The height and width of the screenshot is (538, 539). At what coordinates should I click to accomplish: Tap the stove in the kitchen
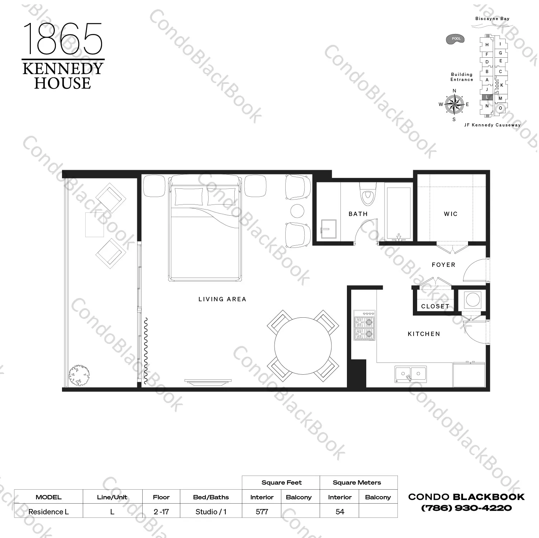click(x=364, y=325)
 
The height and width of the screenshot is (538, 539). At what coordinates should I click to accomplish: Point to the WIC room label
click(x=450, y=214)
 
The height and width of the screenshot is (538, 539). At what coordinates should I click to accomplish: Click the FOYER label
click(x=443, y=265)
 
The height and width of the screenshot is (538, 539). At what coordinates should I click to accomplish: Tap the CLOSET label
click(x=435, y=306)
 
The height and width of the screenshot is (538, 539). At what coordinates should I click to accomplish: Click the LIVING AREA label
click(x=222, y=299)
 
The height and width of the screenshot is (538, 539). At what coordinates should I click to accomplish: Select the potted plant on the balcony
click(x=79, y=375)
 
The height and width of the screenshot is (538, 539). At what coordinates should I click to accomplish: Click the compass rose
click(x=454, y=104)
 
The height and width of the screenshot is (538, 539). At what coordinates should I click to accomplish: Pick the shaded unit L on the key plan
click(x=487, y=97)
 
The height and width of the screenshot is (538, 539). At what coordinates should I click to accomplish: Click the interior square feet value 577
click(x=262, y=511)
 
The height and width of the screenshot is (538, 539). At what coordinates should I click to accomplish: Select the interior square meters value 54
click(x=340, y=511)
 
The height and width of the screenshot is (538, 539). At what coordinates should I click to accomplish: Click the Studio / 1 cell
click(x=211, y=511)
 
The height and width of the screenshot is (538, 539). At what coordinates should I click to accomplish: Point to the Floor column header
click(x=161, y=497)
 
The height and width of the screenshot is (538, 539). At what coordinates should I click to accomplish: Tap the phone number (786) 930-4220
click(x=466, y=508)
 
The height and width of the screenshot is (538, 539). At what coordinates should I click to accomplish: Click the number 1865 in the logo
click(x=63, y=38)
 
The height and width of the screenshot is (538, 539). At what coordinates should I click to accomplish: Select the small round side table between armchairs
click(x=297, y=211)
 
